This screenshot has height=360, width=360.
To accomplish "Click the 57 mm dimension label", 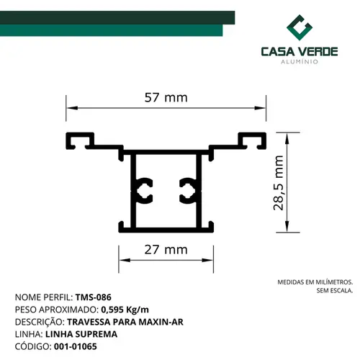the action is click(x=166, y=97).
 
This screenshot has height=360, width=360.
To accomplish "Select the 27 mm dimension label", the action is click(x=166, y=250).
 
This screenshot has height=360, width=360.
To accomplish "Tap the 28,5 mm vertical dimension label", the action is click(x=279, y=183).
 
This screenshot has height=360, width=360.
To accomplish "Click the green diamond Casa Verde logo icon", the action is click(x=300, y=27).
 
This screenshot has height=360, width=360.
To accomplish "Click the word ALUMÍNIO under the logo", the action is click(x=300, y=62).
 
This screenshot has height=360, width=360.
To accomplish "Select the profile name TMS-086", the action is click(x=94, y=297).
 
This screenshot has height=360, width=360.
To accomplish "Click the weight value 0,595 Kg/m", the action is click(x=125, y=310).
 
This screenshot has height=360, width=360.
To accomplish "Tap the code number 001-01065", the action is click(x=76, y=346).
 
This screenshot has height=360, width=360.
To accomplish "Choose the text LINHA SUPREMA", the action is click(x=81, y=334).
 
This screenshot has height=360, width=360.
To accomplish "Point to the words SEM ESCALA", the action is click(x=335, y=291).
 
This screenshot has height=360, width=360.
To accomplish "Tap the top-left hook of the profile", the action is click(x=79, y=140).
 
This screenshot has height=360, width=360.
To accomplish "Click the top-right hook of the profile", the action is click(x=253, y=140).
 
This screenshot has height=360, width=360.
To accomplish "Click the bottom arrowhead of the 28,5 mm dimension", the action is click(x=287, y=227).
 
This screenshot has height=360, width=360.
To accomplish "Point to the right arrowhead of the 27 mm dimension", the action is click(x=207, y=260).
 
